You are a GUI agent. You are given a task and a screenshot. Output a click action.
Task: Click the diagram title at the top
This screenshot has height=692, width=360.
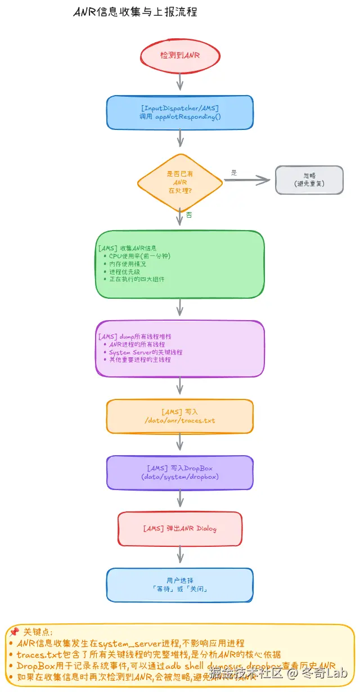(x=135, y=12)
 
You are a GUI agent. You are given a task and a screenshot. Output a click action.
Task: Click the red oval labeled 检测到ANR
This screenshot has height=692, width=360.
(x=180, y=55)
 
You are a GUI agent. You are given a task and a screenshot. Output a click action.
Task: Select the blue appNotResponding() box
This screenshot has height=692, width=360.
(x=180, y=112)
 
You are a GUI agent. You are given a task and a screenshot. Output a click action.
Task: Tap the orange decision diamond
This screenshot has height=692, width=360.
(x=180, y=182)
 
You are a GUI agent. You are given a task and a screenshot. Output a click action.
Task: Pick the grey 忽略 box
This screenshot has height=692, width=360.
(x=309, y=179)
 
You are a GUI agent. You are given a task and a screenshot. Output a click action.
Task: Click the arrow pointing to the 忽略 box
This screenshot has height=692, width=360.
(x=247, y=180)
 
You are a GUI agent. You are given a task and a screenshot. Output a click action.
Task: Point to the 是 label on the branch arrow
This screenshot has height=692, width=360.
(x=234, y=173)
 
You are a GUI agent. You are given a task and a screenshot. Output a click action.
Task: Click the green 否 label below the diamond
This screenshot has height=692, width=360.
(x=189, y=215)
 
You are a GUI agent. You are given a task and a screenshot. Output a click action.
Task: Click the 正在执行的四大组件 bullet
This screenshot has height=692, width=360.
(x=137, y=279)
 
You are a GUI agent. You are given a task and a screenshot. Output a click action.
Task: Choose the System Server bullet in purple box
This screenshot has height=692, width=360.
(x=146, y=352)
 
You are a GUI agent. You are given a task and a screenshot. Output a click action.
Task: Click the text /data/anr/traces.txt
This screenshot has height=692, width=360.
(x=180, y=420)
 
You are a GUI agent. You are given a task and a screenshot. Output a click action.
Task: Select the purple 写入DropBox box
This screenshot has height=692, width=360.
(x=180, y=472)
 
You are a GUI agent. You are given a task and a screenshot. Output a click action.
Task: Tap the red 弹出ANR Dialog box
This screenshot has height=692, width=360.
(x=180, y=529)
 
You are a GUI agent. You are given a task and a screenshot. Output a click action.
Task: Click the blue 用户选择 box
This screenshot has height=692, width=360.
(x=180, y=585)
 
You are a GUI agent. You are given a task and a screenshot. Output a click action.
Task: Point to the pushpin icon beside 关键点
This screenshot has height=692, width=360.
(x=14, y=632)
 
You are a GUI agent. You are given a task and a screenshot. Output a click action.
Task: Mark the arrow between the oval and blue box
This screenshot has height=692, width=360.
(x=180, y=82)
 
